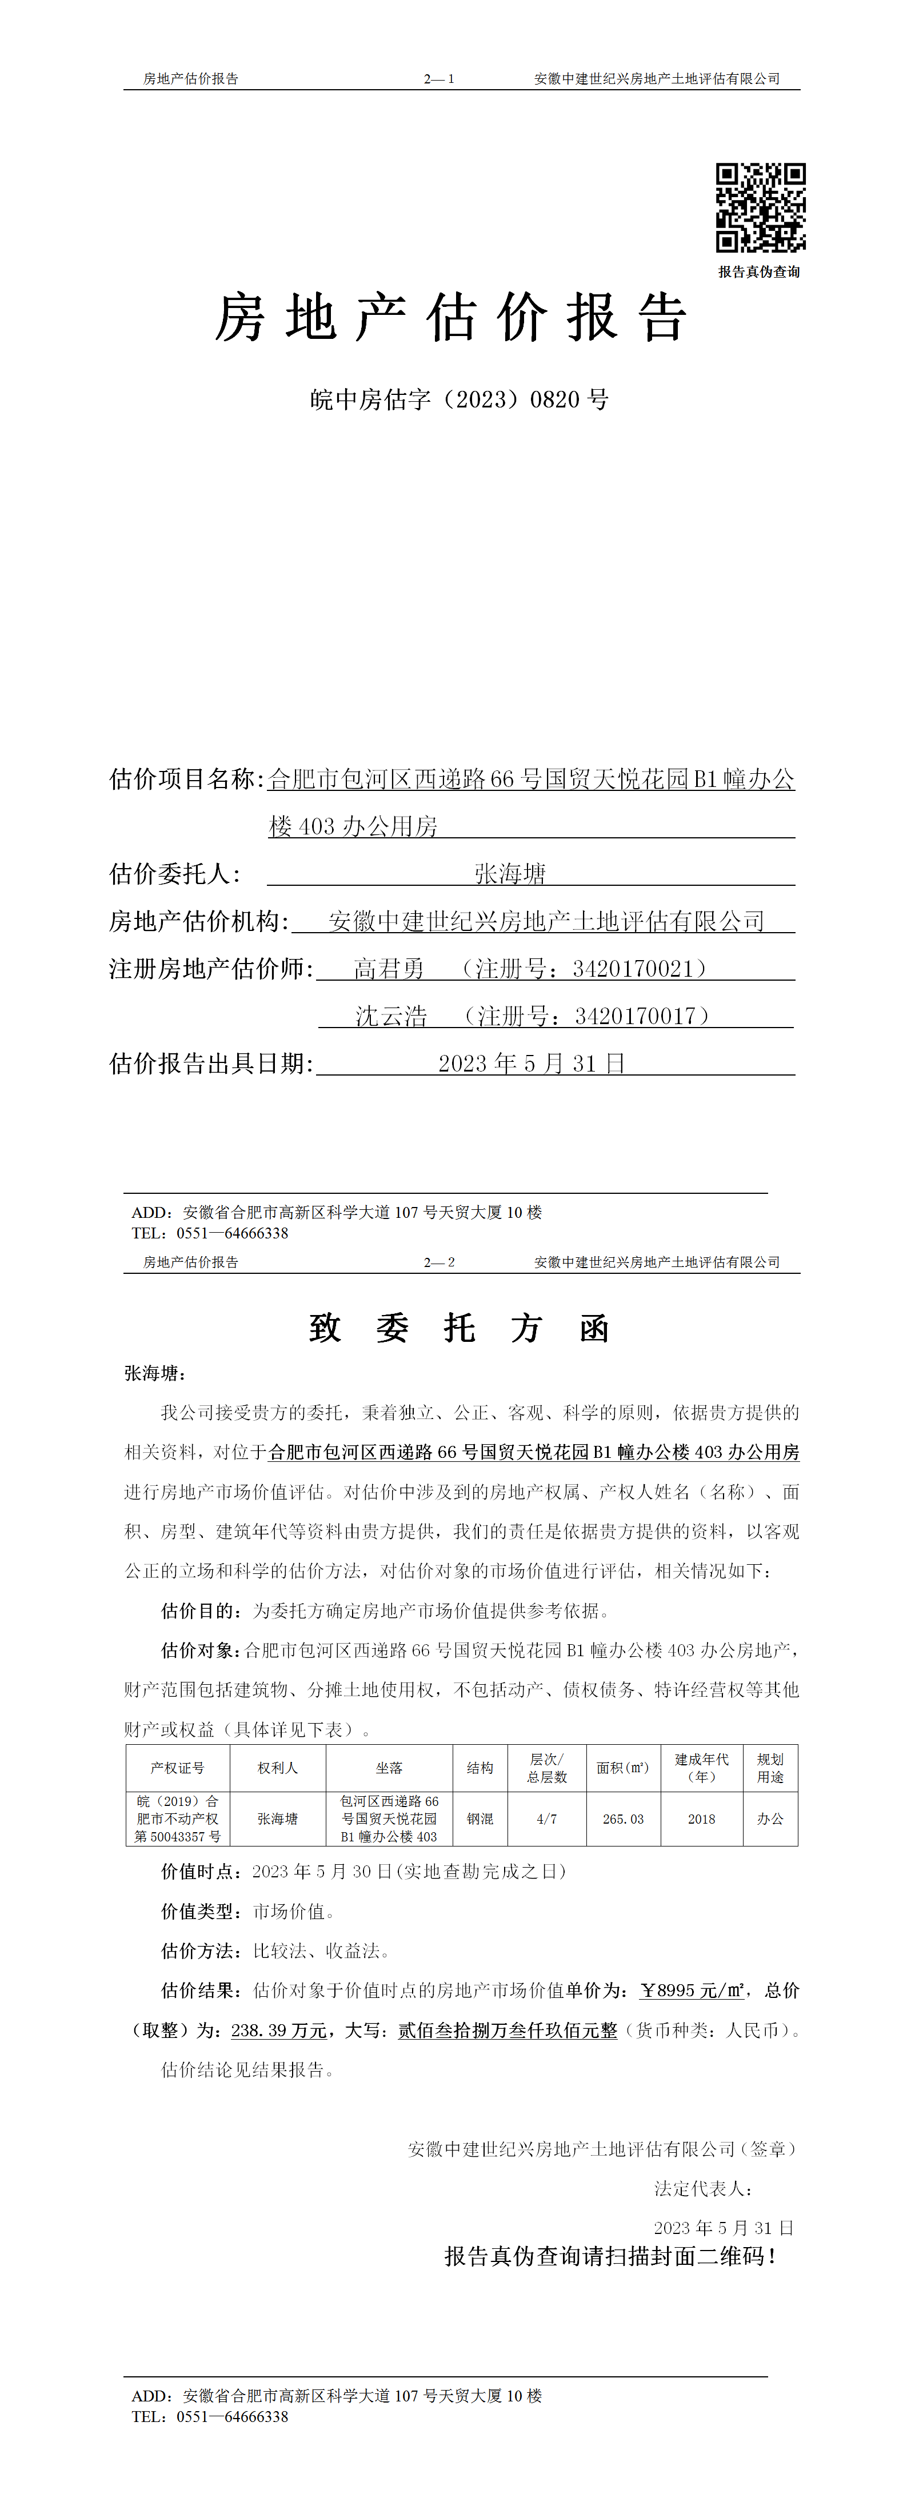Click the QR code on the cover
click(x=760, y=208)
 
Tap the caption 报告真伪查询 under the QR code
click(x=759, y=272)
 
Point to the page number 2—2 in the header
click(x=438, y=1262)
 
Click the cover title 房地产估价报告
click(x=451, y=318)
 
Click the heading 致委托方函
click(x=459, y=1328)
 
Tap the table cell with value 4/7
click(x=547, y=1819)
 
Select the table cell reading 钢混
click(x=480, y=1819)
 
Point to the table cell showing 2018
click(x=702, y=1819)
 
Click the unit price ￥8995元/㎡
click(x=692, y=1991)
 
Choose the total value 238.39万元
click(x=279, y=2031)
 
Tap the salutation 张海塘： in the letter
click(x=155, y=1373)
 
